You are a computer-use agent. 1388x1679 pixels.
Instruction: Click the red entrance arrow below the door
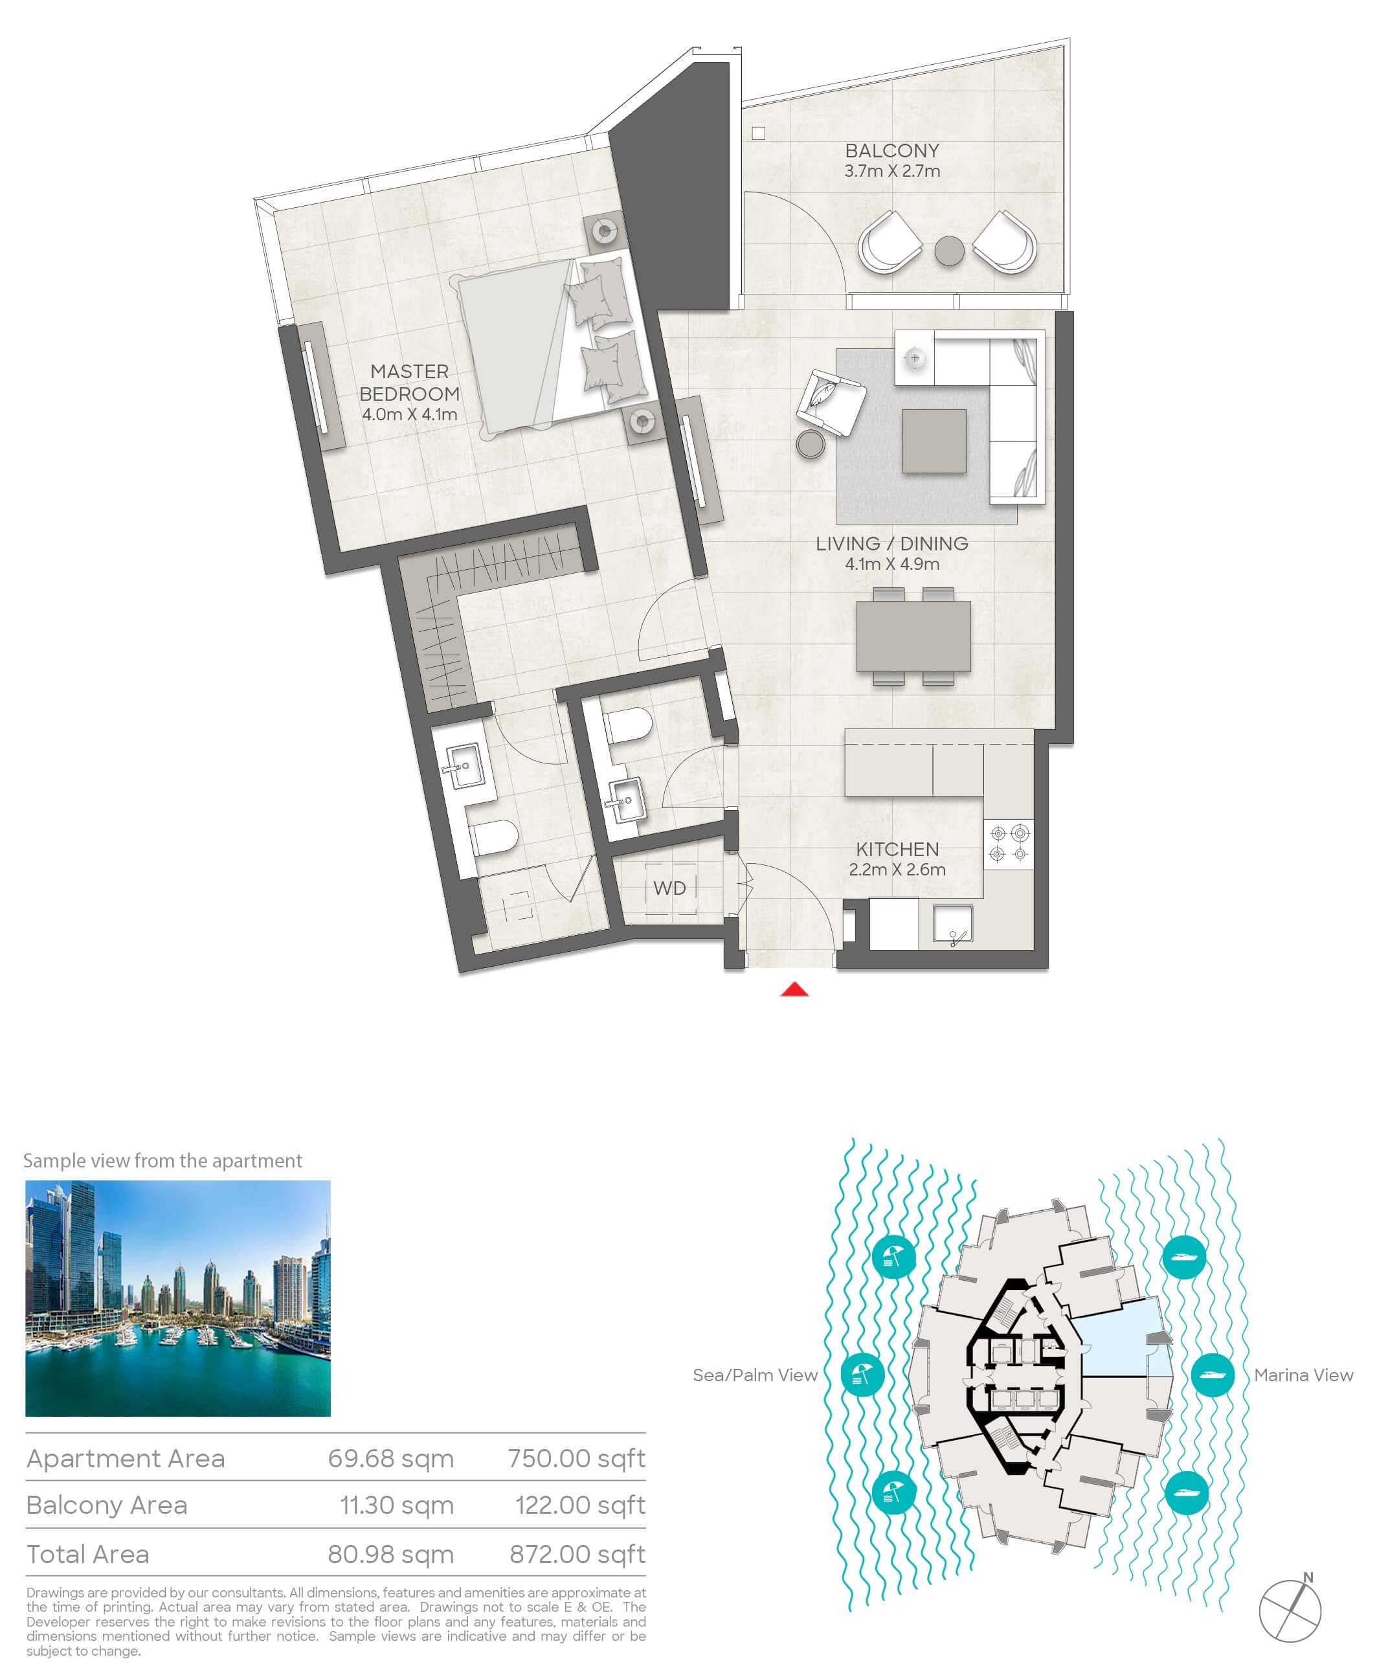click(x=794, y=990)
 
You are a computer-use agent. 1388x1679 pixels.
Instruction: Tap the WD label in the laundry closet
click(x=669, y=888)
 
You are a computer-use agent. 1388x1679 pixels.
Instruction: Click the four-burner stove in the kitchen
click(x=1008, y=844)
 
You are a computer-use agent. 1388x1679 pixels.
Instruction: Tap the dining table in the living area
click(x=913, y=637)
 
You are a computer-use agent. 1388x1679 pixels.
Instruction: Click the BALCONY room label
click(x=891, y=150)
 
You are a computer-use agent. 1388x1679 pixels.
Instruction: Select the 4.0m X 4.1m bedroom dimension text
click(x=409, y=414)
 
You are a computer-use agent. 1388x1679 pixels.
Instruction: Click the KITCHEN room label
click(x=897, y=849)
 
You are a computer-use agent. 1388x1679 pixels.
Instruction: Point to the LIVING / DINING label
click(x=891, y=544)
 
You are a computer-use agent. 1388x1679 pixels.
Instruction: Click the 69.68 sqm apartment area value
click(x=390, y=1458)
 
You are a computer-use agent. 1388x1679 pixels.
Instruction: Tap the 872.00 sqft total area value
click(x=577, y=1553)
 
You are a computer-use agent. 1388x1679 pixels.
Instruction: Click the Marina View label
click(x=1303, y=1375)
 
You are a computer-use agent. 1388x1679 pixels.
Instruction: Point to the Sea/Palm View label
click(x=755, y=1375)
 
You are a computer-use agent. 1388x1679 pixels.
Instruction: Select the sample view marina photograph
click(x=177, y=1298)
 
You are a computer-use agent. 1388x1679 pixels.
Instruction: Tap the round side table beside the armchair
click(x=811, y=445)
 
